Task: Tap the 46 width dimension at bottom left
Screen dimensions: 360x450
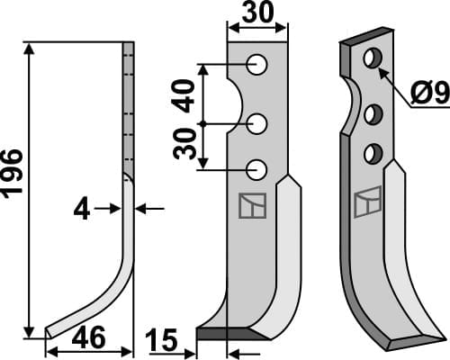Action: (x=87, y=338)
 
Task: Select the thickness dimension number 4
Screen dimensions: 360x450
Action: (x=82, y=210)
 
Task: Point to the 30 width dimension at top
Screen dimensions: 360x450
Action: (x=256, y=15)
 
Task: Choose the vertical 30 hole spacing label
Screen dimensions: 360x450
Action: (x=186, y=143)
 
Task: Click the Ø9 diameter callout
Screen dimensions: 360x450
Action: (x=428, y=92)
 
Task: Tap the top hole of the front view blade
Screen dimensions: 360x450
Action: (x=257, y=65)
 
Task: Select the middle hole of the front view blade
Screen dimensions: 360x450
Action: (x=257, y=121)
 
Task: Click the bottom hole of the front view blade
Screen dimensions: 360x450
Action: (x=257, y=167)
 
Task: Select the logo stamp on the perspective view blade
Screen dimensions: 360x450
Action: (x=364, y=203)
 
